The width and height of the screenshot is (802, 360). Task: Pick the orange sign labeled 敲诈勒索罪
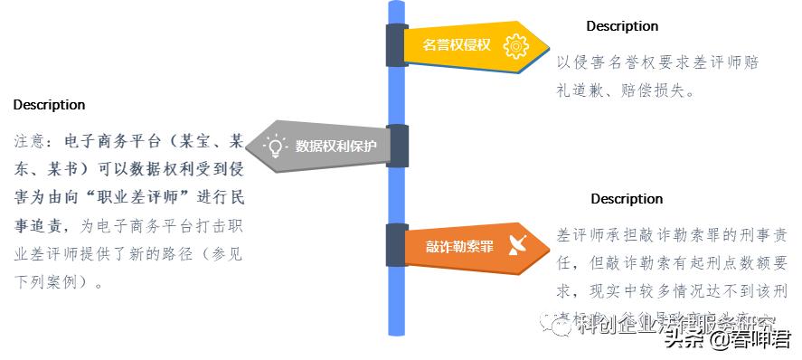point(461,246)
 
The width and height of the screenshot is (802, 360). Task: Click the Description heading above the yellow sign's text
point(622,26)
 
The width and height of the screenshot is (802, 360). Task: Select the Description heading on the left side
point(49,106)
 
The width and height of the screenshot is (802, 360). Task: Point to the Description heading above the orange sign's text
point(627,199)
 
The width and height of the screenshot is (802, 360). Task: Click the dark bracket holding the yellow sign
point(396,44)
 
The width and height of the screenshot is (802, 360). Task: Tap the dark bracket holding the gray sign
point(397,146)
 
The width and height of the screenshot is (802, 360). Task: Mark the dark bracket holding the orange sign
point(396,245)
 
